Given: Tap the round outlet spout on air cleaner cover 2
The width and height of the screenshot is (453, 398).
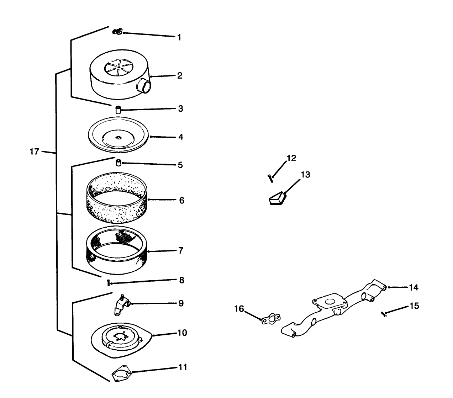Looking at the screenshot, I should (144, 86).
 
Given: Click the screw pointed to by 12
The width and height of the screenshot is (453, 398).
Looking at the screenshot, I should (270, 178).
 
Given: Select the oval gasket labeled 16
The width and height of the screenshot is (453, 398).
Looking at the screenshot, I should (270, 319).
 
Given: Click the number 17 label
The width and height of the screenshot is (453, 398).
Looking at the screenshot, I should (34, 152).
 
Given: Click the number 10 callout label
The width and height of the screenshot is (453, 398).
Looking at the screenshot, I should (182, 333).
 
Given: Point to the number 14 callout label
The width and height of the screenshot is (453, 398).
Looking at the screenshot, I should (413, 287).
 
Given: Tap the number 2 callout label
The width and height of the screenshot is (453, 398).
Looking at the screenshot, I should (180, 75).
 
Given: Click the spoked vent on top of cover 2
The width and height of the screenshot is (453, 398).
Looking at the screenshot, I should (118, 67).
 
